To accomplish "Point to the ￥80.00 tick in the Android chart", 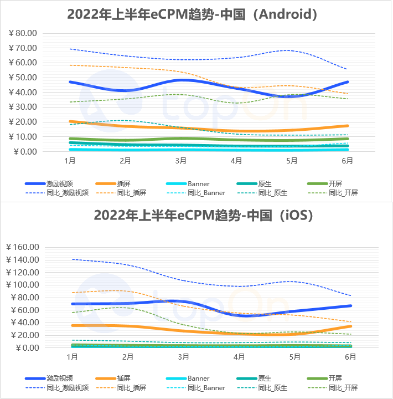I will tap(23, 33).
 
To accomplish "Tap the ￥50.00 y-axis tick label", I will tap(23, 78).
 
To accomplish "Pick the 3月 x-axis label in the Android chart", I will tap(181, 161).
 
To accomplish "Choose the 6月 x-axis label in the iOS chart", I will tap(350, 357).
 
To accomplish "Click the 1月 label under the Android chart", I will tap(70, 161).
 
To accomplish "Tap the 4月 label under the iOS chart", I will tap(239, 357).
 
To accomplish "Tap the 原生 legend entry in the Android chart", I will tap(265, 184).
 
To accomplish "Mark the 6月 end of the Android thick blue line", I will tap(348, 82).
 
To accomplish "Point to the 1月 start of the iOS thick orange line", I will tap(71, 325).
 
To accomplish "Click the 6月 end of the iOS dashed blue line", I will tap(350, 295).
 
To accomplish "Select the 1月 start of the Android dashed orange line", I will tap(70, 65).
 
